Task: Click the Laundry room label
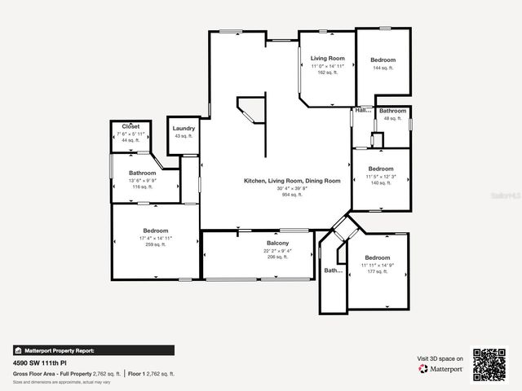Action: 184,128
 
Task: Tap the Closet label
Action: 131,126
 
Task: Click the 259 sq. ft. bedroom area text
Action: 156,244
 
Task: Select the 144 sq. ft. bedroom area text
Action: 383,68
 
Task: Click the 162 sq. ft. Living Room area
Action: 327,72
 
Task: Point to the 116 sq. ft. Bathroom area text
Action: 142,187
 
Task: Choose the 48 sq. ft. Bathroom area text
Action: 392,118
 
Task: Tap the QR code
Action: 489,363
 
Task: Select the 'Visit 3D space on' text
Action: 440,358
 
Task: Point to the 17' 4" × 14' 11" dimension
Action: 156,238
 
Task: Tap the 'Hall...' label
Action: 363,110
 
